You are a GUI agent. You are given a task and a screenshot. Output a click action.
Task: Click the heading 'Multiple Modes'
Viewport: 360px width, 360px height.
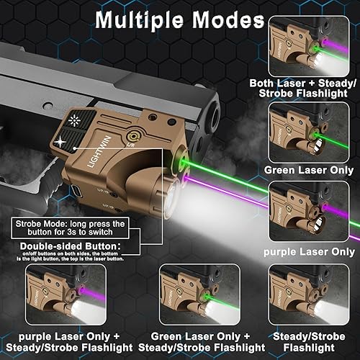pyautogui.click(x=180, y=20)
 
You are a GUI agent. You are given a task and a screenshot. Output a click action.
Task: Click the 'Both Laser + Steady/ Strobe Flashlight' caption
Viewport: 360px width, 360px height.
pyautogui.click(x=312, y=90)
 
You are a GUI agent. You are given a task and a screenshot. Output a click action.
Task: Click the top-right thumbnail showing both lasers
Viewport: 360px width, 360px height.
pyautogui.click(x=312, y=49)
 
